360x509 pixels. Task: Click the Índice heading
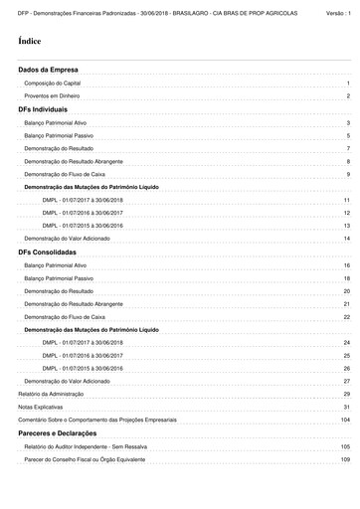tap(29, 44)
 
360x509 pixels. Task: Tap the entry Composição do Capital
tap(52, 84)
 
